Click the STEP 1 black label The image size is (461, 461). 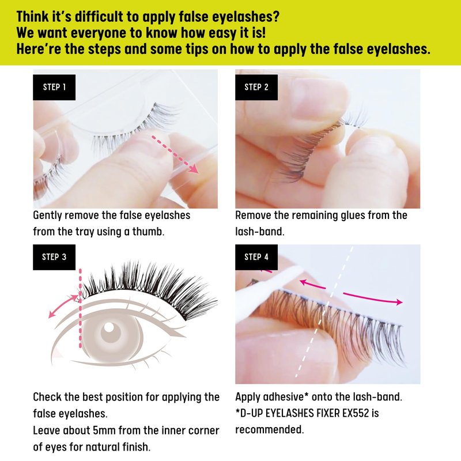point(54,88)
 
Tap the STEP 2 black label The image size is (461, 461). point(256,88)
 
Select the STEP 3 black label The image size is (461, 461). point(54,257)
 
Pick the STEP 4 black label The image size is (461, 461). point(256,257)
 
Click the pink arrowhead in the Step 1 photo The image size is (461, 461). point(193,169)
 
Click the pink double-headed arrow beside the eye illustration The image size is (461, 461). point(63,306)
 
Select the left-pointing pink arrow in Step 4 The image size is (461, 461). point(312,284)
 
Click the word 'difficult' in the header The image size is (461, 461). point(99,17)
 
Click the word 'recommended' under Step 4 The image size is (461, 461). point(269,429)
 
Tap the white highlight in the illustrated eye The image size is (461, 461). point(109,327)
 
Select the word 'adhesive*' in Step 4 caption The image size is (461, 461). point(286,397)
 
